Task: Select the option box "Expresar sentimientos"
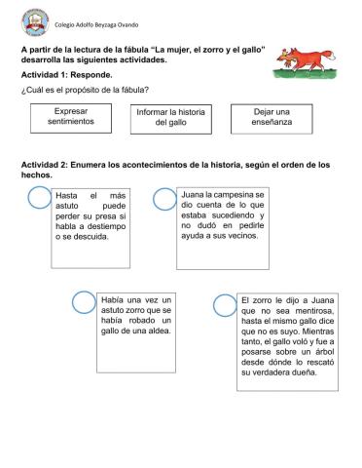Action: [x=70, y=117]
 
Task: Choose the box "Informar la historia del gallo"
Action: [x=170, y=118]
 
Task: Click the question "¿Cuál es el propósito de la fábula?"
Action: [x=85, y=90]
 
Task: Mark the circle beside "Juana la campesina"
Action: [x=163, y=198]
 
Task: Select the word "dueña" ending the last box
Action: [x=312, y=373]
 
